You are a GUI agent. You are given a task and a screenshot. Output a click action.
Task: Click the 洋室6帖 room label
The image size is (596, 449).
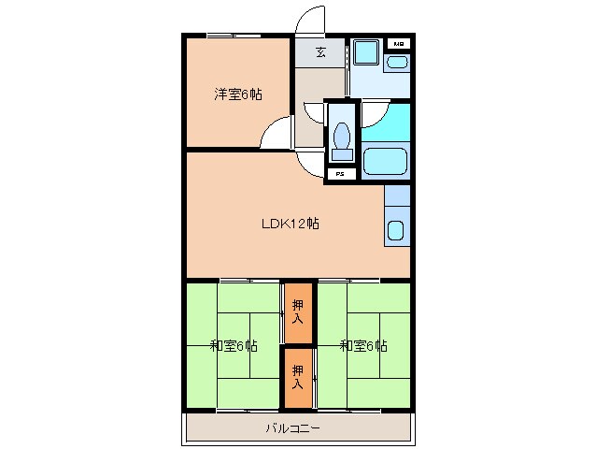237,94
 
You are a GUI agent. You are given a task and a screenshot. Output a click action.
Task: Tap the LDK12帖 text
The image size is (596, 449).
291,224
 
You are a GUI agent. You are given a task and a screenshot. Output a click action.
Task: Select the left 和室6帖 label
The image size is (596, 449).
234,345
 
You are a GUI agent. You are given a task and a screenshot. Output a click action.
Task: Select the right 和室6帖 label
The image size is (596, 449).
363,345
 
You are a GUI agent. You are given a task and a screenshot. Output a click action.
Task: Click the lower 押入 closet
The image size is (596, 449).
298,377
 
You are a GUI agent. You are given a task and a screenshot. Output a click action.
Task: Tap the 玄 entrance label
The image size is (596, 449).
319,52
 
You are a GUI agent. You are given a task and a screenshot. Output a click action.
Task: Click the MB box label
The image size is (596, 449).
398,44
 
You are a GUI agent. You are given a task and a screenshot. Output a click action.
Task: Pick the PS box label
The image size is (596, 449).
340,174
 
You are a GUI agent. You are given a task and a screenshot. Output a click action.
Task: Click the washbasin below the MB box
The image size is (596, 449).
398,63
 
